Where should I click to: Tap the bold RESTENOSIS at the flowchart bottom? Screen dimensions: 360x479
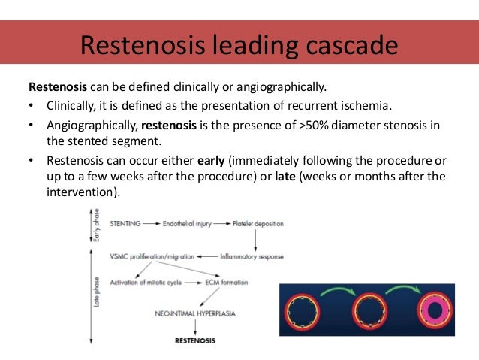click(x=194, y=340)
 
